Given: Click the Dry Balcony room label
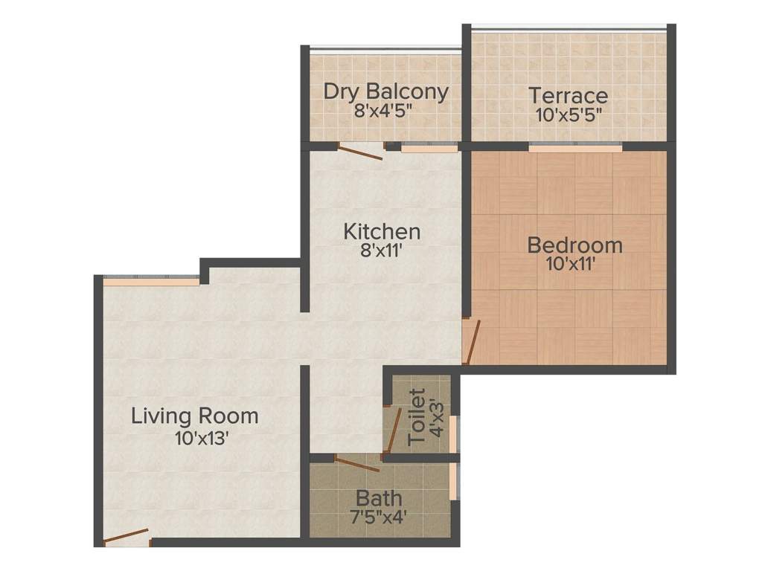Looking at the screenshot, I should point(385,92).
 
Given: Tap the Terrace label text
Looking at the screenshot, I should point(568,95).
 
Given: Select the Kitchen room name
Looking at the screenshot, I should point(382,232).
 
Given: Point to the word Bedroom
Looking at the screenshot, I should point(574,245).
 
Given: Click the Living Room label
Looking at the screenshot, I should point(195,416).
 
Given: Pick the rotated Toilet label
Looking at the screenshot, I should point(418,416).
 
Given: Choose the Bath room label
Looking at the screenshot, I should point(379,497).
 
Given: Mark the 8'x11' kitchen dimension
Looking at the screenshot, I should point(382,251).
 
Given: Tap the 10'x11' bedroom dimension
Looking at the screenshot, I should point(571,263).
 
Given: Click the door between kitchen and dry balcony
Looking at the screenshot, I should point(361,151).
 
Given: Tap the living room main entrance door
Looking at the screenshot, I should point(126,538).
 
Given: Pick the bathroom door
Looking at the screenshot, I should point(357,465).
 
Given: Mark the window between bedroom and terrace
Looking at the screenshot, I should point(575,148).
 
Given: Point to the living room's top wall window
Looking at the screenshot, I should point(152,281).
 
